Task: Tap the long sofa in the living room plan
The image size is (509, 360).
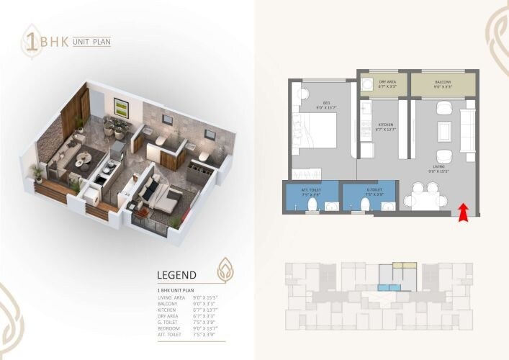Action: click(x=469, y=130)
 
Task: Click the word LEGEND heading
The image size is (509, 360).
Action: click(x=177, y=275)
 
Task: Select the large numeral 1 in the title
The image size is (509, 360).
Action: click(x=32, y=42)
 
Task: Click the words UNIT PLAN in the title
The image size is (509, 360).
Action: click(x=91, y=42)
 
